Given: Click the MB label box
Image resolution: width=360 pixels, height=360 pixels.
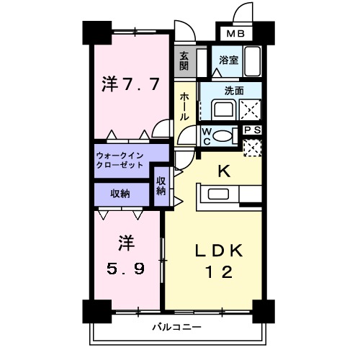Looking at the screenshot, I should coord(236,33).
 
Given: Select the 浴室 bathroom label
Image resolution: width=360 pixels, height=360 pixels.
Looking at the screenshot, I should coord(230,60).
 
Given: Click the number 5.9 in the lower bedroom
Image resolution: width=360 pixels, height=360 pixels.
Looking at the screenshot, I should coord(126,268).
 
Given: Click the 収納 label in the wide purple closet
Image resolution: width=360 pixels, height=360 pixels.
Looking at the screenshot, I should coord(120,193).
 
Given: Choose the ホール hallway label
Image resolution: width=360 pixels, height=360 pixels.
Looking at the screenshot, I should coord(184,106).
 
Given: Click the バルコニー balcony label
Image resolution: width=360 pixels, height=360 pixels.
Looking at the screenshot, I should coord(176,328).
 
